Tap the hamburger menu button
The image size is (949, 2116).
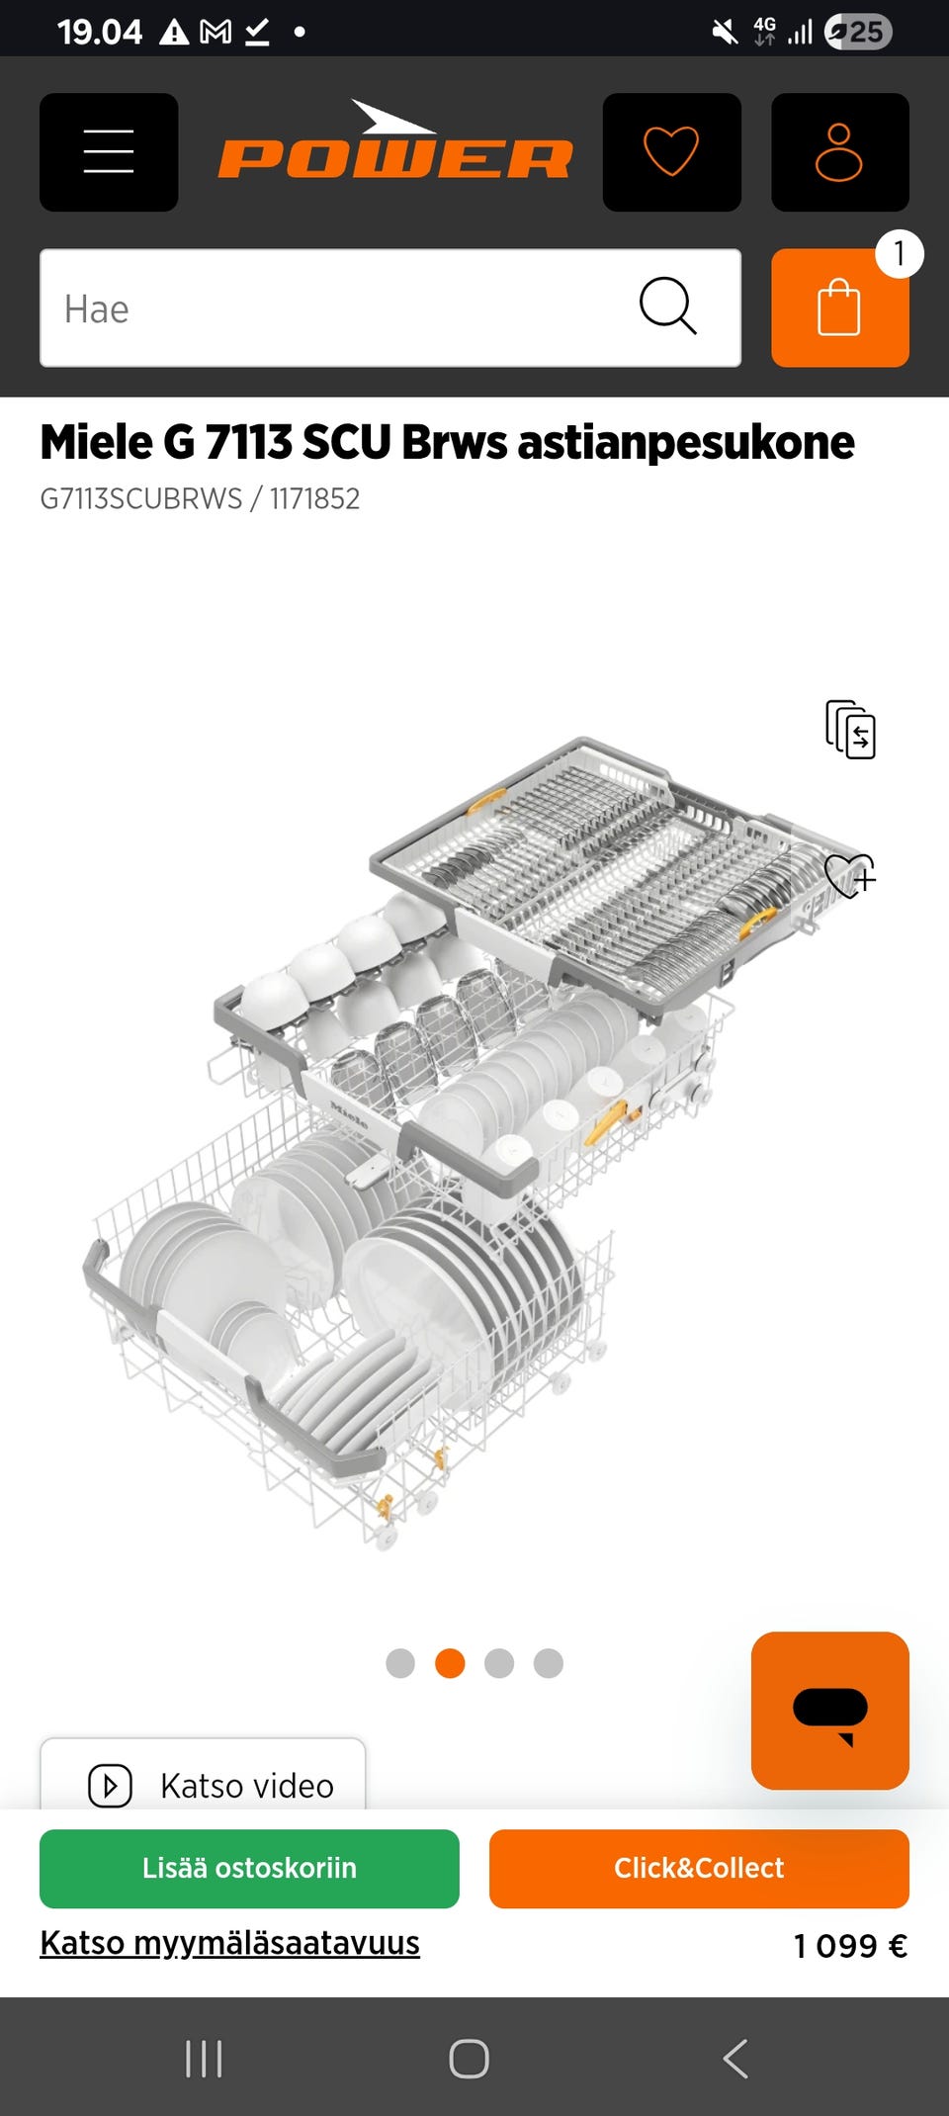point(109,152)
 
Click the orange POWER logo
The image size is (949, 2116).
point(395,141)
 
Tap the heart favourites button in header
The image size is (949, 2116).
point(672,152)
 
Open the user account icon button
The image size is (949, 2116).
point(840,152)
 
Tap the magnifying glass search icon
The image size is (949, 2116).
point(668,306)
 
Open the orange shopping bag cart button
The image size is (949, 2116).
point(840,308)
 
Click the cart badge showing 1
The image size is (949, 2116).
point(900,254)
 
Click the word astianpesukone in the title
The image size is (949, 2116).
point(686,442)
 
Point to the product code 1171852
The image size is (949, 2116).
point(315,498)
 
